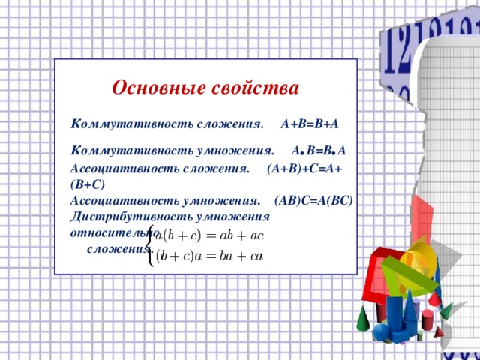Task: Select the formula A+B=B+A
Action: (x=310, y=121)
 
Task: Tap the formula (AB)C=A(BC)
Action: (x=314, y=201)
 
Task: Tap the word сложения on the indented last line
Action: (x=118, y=249)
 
